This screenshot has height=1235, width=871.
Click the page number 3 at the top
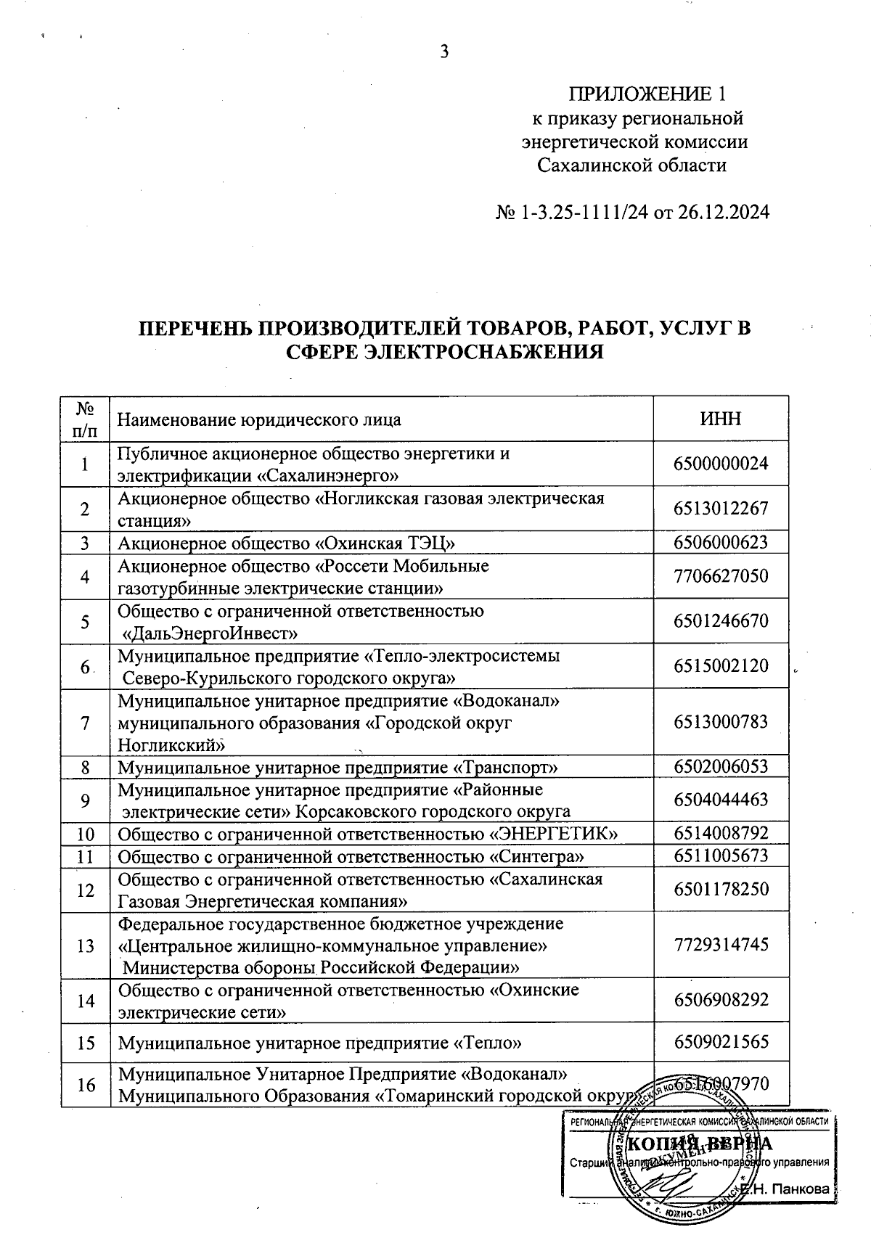coord(445,52)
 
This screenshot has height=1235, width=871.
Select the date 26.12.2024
coord(723,213)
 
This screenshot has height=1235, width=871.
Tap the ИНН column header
coord(721,419)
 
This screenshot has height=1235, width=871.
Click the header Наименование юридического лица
coord(259,420)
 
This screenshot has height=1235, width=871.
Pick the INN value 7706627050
coord(721,576)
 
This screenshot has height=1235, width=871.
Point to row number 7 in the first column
coord(85,723)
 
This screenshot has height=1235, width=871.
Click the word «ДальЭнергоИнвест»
coord(211,633)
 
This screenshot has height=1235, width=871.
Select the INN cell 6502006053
coord(721,767)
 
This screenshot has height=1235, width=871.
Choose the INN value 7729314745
coord(721,945)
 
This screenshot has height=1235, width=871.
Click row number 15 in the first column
coord(85,1043)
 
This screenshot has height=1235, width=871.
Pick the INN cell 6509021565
coord(721,1043)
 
